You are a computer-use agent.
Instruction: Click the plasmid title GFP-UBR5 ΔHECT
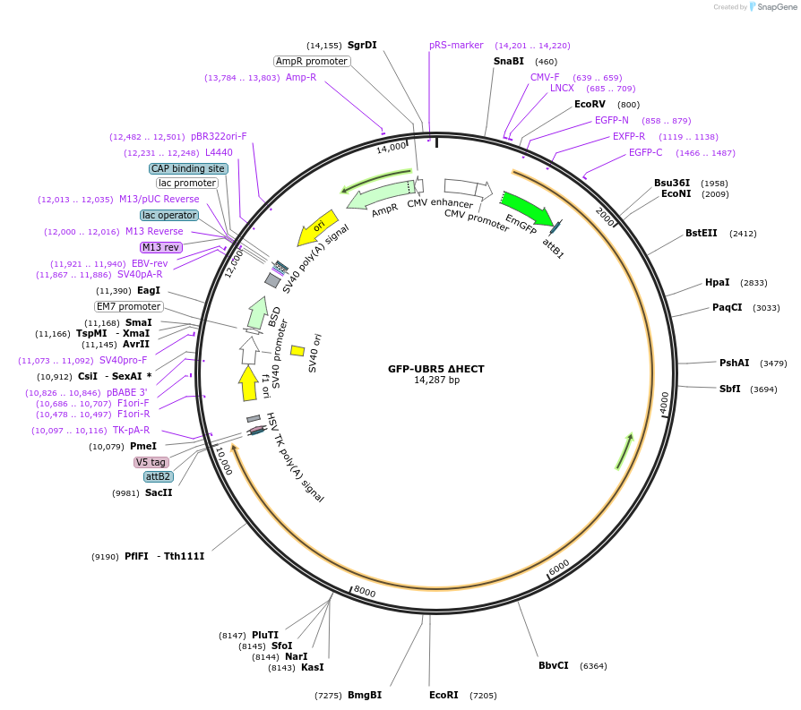435,368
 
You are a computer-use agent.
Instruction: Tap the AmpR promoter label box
311,61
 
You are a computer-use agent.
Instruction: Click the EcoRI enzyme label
444,695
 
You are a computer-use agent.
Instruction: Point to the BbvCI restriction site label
553,665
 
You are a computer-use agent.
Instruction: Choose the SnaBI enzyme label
509,61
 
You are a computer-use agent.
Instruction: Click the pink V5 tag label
151,462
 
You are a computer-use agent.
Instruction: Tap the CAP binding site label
188,168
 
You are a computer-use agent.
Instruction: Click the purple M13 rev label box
160,247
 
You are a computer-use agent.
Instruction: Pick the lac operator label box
169,215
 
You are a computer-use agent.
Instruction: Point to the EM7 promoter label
129,306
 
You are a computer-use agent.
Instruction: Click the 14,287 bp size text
435,381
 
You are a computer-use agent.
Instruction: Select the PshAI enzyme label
734,363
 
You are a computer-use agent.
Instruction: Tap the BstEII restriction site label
702,233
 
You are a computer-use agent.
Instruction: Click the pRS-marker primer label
456,45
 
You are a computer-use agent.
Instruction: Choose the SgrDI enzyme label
362,45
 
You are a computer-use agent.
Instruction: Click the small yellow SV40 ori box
297,351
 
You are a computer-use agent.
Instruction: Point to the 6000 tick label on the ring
558,569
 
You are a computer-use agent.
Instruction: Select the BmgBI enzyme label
365,695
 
